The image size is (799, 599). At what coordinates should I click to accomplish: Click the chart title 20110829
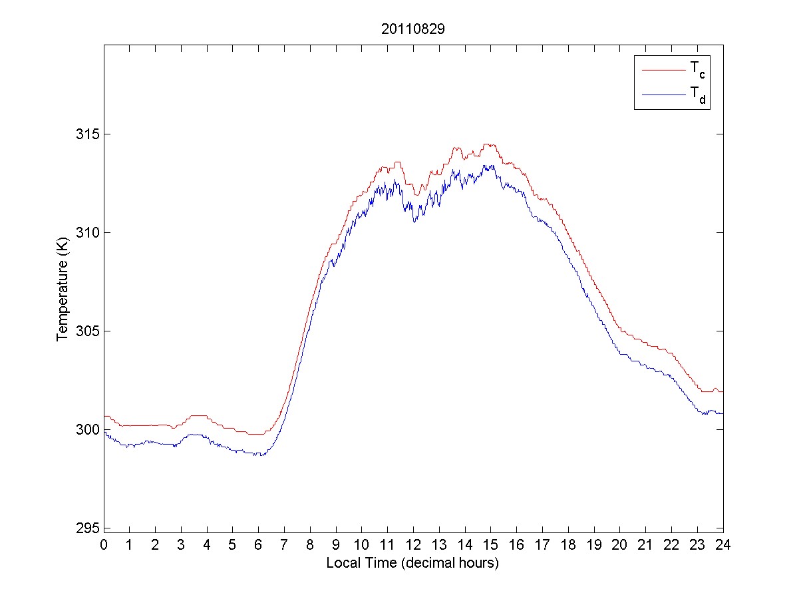pyautogui.click(x=412, y=29)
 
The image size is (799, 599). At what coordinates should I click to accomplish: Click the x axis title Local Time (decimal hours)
pyautogui.click(x=412, y=563)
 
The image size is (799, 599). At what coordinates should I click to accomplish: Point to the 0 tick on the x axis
pyautogui.click(x=104, y=544)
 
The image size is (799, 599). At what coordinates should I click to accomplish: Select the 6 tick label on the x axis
pyautogui.click(x=259, y=544)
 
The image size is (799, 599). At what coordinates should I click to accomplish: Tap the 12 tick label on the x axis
pyautogui.click(x=413, y=544)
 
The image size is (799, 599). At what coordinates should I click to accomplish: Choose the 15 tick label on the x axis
pyautogui.click(x=490, y=544)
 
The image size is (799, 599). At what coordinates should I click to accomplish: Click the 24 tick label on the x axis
pyautogui.click(x=722, y=544)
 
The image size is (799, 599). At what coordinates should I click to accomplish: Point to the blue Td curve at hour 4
pyautogui.click(x=207, y=437)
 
